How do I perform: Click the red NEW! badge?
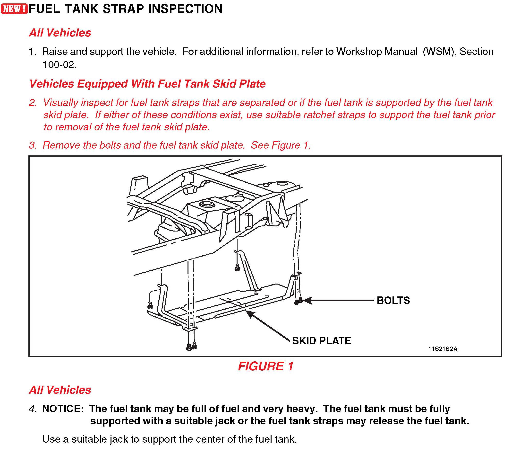(x=14, y=9)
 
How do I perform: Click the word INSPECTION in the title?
(x=185, y=9)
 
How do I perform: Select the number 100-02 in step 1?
(x=59, y=65)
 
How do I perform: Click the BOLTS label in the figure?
(x=393, y=300)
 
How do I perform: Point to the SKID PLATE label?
(x=321, y=341)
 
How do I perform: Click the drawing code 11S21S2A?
(x=443, y=349)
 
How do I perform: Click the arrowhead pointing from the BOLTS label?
(x=306, y=301)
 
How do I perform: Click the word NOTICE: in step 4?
(x=63, y=409)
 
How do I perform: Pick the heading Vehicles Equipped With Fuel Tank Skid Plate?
(x=147, y=84)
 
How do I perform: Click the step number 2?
(x=33, y=103)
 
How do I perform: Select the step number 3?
(x=33, y=145)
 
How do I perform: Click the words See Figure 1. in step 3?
(x=281, y=145)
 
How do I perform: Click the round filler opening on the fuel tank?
(x=206, y=204)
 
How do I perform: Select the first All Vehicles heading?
(x=60, y=33)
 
